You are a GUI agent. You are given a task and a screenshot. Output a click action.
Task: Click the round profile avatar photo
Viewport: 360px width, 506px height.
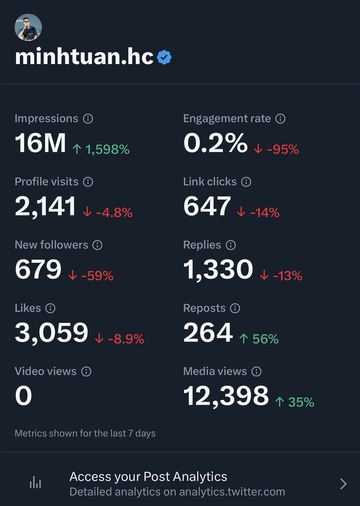click(28, 27)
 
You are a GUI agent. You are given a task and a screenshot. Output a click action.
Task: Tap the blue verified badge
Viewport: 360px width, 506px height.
click(164, 57)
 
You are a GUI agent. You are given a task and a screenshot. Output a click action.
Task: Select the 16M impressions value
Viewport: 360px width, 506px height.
click(41, 143)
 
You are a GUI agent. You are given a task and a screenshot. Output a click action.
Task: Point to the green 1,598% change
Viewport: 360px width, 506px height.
click(101, 149)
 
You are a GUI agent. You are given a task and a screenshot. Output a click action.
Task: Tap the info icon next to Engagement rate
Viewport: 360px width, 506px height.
click(280, 119)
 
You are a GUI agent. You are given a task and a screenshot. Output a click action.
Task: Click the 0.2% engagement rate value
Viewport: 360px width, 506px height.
click(215, 143)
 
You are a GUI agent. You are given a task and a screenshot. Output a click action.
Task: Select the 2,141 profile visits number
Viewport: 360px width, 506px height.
click(46, 207)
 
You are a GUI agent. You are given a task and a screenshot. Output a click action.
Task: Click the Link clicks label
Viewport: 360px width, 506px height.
click(210, 182)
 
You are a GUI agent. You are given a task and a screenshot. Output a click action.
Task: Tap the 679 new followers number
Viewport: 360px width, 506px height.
click(38, 270)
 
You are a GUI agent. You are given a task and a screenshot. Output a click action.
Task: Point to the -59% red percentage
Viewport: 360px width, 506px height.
click(91, 276)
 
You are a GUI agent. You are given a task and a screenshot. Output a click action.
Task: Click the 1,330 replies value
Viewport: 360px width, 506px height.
click(218, 270)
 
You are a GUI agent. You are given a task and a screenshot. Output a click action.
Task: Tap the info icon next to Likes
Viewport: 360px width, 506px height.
click(50, 309)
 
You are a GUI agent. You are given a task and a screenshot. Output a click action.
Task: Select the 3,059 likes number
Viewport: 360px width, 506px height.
click(51, 333)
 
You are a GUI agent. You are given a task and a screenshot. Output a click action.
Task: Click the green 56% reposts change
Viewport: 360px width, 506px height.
click(259, 339)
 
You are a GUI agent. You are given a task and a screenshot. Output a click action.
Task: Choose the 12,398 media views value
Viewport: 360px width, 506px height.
click(226, 396)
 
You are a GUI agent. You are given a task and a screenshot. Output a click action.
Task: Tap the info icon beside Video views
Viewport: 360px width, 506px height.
click(86, 372)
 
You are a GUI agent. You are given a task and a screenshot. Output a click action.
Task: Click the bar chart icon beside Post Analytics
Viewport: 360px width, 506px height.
click(35, 483)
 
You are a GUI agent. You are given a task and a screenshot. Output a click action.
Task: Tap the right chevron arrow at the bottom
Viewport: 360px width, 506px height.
click(343, 484)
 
